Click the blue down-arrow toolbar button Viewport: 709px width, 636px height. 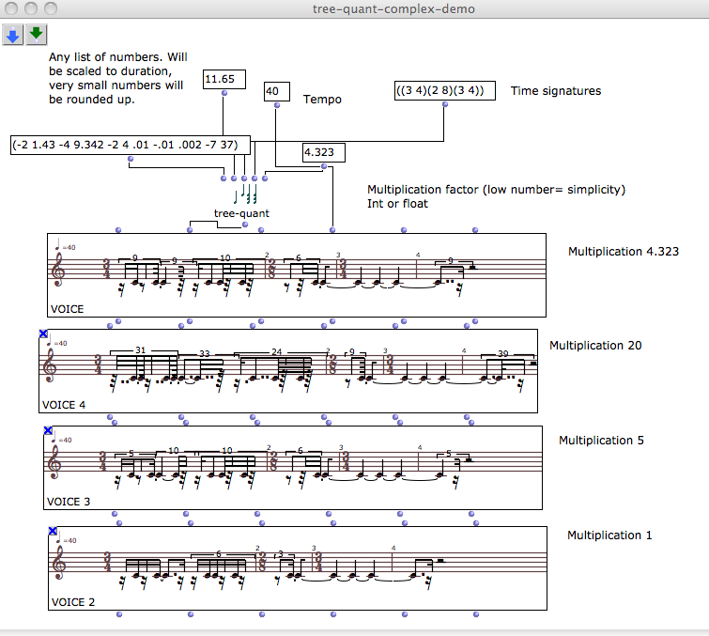pyautogui.click(x=13, y=35)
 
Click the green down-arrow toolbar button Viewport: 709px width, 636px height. pyautogui.click(x=37, y=35)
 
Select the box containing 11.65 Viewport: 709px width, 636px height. pyautogui.click(x=223, y=79)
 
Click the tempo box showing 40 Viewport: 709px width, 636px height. pyautogui.click(x=276, y=91)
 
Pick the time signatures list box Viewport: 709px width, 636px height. pyautogui.click(x=444, y=91)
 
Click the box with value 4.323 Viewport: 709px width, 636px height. pyautogui.click(x=324, y=152)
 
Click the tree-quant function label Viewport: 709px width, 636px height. pyautogui.click(x=241, y=213)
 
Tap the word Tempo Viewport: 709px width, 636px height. pyautogui.click(x=322, y=99)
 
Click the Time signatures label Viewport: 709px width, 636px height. pyautogui.click(x=556, y=91)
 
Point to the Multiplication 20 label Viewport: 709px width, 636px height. pyautogui.click(x=595, y=346)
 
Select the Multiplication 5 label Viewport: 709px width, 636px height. pyautogui.click(x=601, y=440)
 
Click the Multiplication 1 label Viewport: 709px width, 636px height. pyautogui.click(x=609, y=535)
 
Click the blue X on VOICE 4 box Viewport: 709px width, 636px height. pyautogui.click(x=43, y=334)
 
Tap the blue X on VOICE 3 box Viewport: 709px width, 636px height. pyautogui.click(x=48, y=430)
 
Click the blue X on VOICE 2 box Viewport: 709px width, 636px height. pyautogui.click(x=53, y=532)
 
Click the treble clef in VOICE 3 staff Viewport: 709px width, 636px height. pyautogui.click(x=61, y=462)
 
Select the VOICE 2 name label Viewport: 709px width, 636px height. pyautogui.click(x=73, y=602)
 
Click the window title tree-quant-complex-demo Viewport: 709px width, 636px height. pyautogui.click(x=393, y=8)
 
